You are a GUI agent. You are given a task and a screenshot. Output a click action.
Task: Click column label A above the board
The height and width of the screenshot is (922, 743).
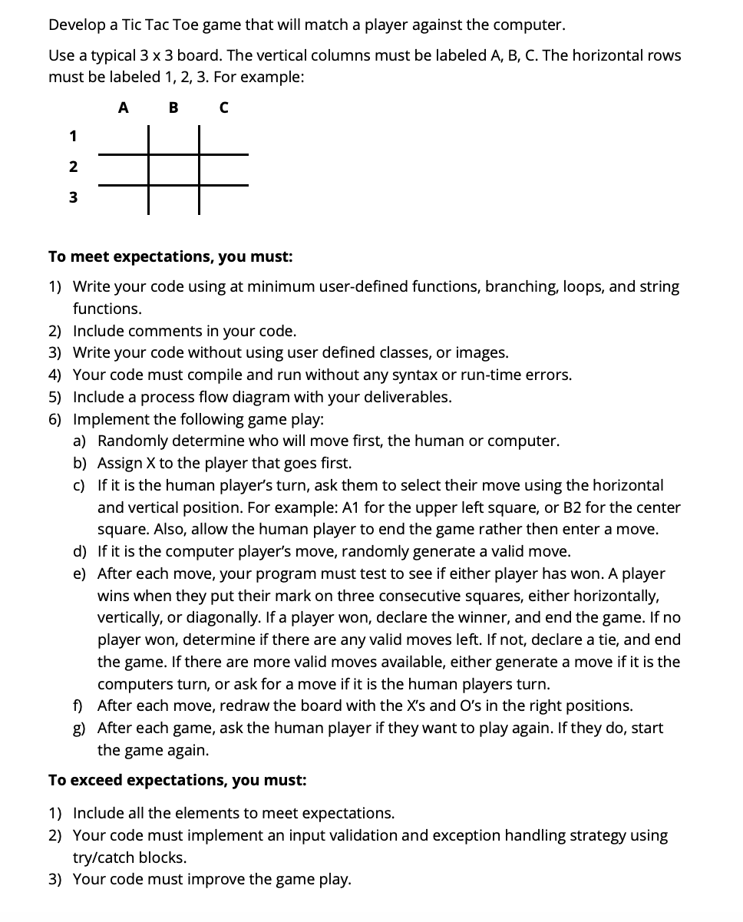click(x=123, y=108)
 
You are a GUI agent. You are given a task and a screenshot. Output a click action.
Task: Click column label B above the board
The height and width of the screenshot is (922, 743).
click(x=173, y=108)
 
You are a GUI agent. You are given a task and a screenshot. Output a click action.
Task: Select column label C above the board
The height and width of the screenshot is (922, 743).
click(x=223, y=108)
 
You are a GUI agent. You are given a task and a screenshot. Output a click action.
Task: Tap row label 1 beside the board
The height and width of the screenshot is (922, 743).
click(x=73, y=137)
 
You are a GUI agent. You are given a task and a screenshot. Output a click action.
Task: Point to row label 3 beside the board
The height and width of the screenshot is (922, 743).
click(x=73, y=197)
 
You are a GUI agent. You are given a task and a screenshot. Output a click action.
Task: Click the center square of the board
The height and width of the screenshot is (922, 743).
click(x=173, y=169)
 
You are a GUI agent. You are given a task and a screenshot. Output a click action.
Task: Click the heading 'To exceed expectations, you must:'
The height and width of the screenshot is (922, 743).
click(x=177, y=780)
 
